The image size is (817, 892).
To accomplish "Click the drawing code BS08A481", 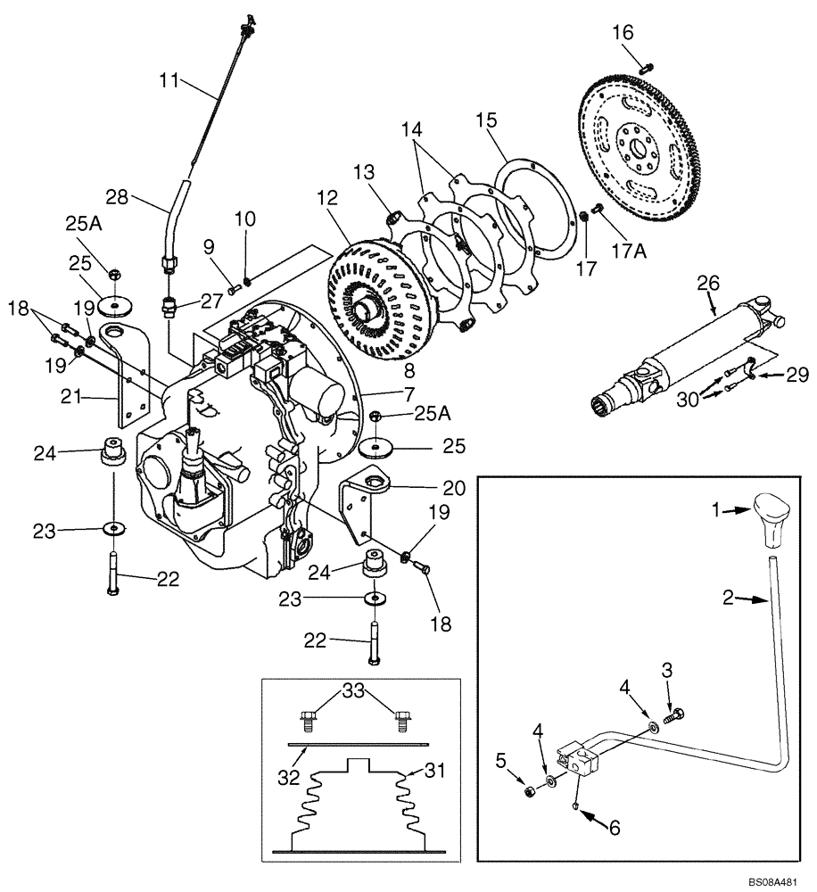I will [x=772, y=879].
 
